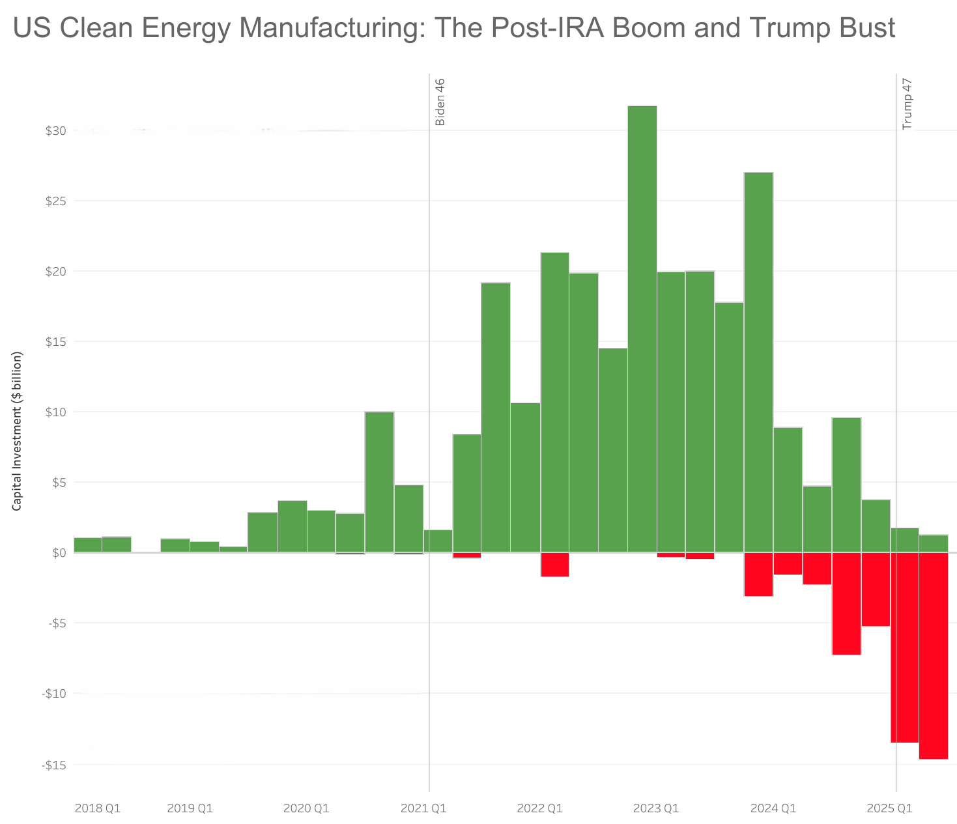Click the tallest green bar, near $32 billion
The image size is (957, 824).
tap(642, 326)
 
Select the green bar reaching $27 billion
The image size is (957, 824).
tap(758, 358)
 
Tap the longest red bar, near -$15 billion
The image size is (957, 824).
tap(933, 655)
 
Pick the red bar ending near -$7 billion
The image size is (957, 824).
tap(846, 603)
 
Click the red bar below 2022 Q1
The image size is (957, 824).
tap(554, 564)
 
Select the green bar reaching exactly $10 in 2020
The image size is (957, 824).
tap(379, 482)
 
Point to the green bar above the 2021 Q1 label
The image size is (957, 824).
tap(438, 541)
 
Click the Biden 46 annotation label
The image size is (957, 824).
tap(440, 102)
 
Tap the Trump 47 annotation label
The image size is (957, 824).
tap(907, 104)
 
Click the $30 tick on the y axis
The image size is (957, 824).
tap(55, 131)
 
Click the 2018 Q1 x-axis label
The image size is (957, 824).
tap(98, 809)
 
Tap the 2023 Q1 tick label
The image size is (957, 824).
tap(656, 809)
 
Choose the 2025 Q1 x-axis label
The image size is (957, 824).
tap(889, 809)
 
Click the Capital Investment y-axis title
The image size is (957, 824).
tap(18, 431)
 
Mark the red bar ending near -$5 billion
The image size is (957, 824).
tap(875, 589)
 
